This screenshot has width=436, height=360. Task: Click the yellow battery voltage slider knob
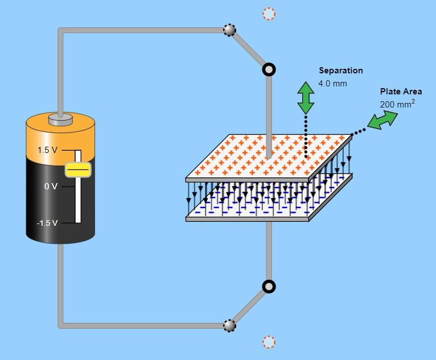click(x=77, y=169)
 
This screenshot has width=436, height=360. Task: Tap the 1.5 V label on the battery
click(x=48, y=151)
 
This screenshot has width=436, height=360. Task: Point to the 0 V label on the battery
click(x=51, y=187)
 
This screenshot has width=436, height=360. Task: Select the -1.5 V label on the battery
click(x=47, y=223)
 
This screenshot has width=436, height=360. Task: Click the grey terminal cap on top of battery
click(x=60, y=119)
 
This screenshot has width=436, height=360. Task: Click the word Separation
click(x=340, y=71)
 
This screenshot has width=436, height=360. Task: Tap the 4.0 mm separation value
click(x=332, y=84)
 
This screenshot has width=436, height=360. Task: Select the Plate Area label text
click(x=401, y=92)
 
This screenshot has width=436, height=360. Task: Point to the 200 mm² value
click(x=397, y=104)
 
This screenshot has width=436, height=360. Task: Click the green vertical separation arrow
click(x=306, y=98)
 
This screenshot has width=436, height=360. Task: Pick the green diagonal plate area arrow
click(x=382, y=119)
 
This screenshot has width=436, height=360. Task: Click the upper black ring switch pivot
click(x=269, y=69)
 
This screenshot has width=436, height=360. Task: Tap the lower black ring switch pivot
click(x=269, y=286)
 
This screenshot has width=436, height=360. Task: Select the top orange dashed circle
click(x=269, y=14)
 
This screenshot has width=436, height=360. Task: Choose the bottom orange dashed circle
click(x=269, y=342)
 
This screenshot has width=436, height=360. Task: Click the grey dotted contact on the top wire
click(x=229, y=30)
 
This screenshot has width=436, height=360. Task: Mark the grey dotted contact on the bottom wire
click(x=229, y=325)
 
